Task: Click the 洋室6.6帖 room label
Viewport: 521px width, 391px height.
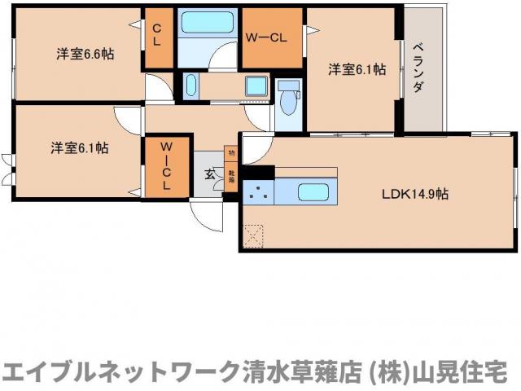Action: tap(85, 55)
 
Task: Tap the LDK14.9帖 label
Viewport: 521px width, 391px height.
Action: tap(416, 194)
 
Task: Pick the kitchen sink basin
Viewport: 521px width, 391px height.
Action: tap(313, 193)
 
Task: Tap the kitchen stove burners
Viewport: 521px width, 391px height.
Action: tap(259, 193)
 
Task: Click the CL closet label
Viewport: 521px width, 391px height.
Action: tap(157, 34)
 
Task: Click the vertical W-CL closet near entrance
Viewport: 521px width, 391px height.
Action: tap(165, 166)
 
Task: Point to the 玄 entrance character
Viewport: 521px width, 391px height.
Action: tap(208, 173)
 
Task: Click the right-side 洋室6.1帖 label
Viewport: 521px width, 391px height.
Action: tap(357, 69)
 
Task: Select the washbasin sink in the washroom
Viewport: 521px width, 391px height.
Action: tap(190, 85)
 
